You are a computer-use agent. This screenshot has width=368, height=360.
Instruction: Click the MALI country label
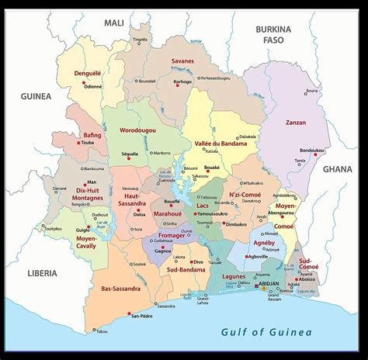pos(114,23)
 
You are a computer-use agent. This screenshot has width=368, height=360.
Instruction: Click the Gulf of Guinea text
pos(266,332)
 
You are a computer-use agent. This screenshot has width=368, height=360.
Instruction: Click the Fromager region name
pos(172,235)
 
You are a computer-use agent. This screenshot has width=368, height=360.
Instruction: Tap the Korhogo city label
pos(182,81)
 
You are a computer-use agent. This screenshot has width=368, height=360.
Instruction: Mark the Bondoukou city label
pos(312,150)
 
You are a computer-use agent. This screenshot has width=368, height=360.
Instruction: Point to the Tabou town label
pos(102,331)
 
